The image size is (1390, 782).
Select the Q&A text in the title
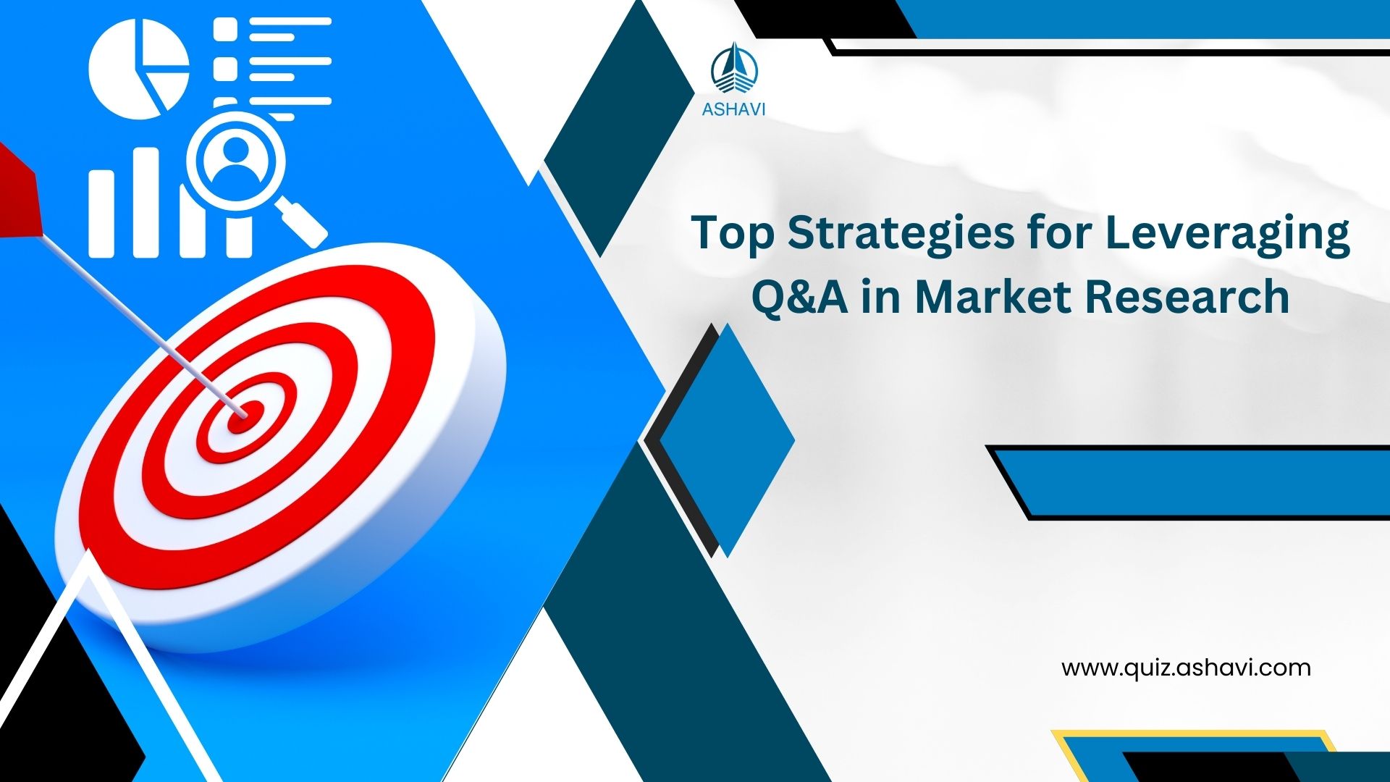[800, 298]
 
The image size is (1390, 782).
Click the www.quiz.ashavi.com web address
[1186, 668]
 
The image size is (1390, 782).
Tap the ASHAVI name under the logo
[733, 110]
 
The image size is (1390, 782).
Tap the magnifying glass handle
[303, 222]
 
